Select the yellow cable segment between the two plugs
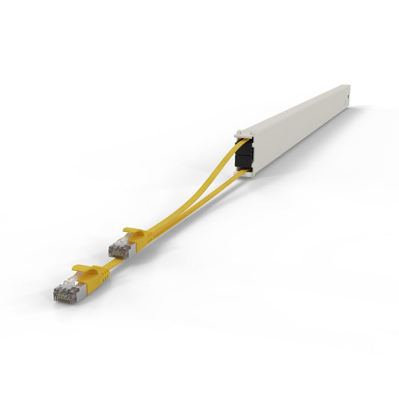click(x=114, y=264)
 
